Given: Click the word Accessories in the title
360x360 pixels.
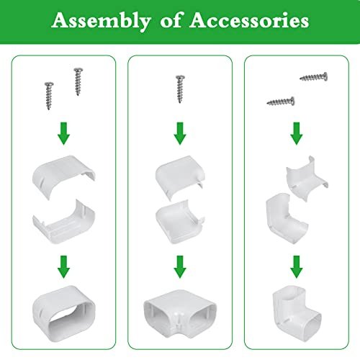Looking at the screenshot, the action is point(249,20).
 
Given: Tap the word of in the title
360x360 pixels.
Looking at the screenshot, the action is point(170,20).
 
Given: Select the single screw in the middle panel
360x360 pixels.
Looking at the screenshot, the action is point(180,89).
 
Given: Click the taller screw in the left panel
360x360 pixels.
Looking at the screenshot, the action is point(78,81).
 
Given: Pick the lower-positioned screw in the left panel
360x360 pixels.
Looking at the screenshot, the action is point(49,96).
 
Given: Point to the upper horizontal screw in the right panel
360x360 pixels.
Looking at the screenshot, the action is point(313,77).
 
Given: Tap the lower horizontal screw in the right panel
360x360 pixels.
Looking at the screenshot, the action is point(281,102).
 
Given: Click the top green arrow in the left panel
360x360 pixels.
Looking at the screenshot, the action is point(63,133).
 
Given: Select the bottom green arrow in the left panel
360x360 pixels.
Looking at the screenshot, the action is point(63,267).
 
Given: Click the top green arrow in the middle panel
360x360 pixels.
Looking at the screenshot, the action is point(180,133).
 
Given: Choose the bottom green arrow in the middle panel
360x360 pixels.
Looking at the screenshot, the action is point(180,267).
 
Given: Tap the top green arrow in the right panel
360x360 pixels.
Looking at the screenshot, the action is point(297,133).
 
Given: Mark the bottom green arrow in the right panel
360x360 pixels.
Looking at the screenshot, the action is point(297,267).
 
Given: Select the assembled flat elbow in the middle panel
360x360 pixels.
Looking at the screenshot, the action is point(180,312).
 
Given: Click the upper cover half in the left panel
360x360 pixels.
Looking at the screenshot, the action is point(63,177).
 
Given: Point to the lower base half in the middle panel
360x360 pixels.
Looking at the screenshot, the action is point(180,222).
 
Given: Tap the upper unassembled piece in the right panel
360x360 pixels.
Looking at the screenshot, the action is point(307,179).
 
